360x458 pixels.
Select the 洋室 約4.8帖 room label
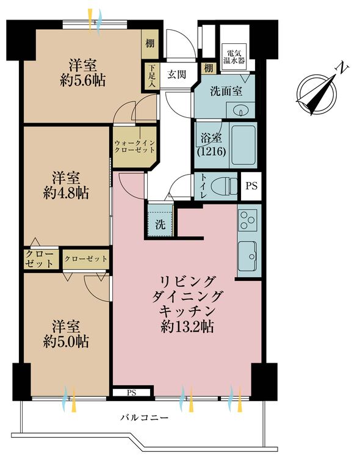66,185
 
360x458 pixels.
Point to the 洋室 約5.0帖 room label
66,333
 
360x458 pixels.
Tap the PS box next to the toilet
251,186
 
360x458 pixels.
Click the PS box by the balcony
131,392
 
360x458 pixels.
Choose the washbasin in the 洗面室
239,111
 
